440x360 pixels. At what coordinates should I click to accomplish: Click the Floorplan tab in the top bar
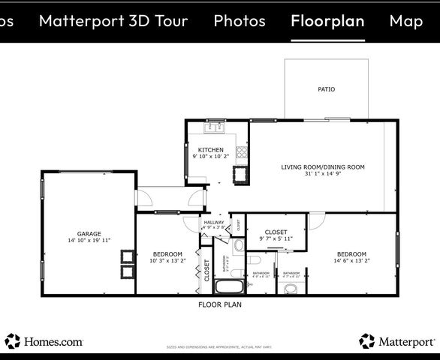[x=327, y=21]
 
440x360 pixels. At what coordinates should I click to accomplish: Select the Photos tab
[x=240, y=21]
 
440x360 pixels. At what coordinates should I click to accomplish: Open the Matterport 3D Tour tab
[x=113, y=21]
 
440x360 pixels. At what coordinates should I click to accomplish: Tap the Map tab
[x=405, y=21]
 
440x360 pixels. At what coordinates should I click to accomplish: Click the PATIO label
[x=326, y=89]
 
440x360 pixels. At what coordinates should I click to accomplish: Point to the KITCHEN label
[x=210, y=150]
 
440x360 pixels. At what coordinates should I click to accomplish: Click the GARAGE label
[x=89, y=233]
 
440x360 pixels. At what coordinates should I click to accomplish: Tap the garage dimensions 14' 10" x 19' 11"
[x=89, y=241]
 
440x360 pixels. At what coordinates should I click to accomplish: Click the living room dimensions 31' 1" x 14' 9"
[x=323, y=174]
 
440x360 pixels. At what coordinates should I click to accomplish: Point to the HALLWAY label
[x=213, y=222]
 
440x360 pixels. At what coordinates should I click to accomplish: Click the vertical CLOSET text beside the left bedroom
[x=207, y=269]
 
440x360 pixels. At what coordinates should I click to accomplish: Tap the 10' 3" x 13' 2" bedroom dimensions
[x=167, y=261]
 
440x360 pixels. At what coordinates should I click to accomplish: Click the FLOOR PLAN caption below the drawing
[x=219, y=305]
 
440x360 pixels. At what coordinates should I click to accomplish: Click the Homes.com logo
[x=44, y=341]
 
